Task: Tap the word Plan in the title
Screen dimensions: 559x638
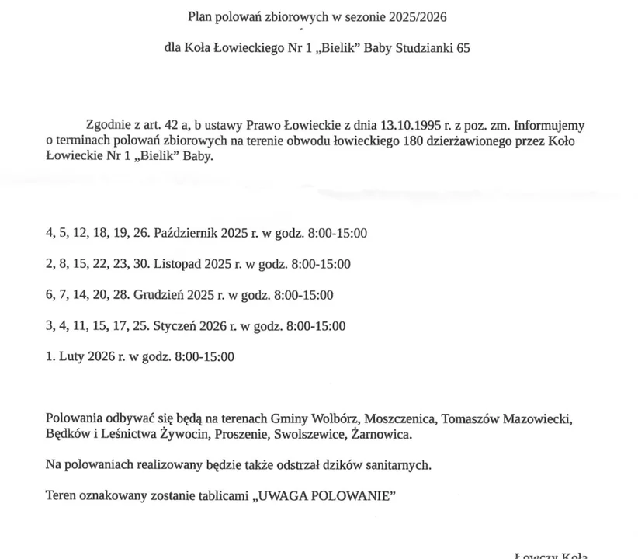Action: coord(200,16)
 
